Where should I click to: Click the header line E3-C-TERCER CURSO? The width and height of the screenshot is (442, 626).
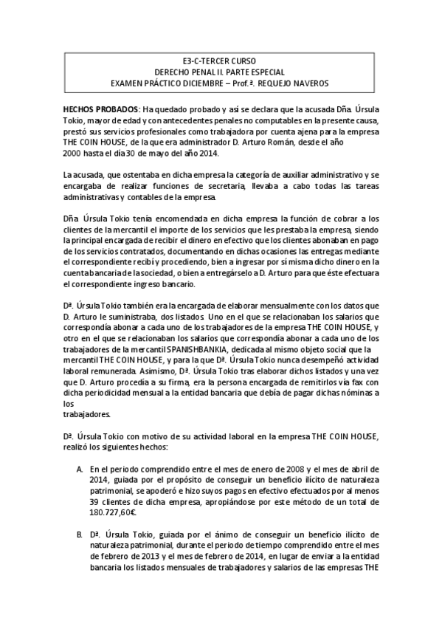click(x=219, y=61)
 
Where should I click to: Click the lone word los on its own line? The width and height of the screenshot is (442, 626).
click(x=69, y=404)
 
